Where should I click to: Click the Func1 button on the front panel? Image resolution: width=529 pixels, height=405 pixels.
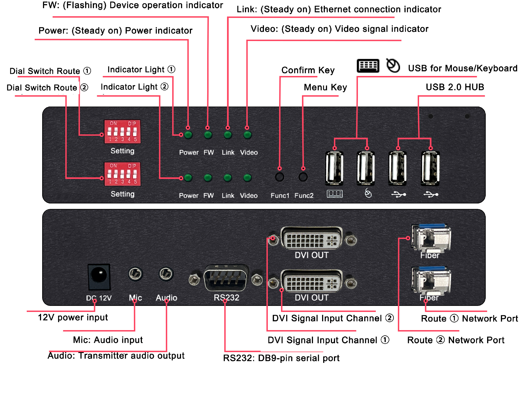tap(279, 177)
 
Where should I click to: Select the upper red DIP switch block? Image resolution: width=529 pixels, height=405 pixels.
tap(122, 132)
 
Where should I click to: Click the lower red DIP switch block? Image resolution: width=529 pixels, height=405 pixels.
tap(122, 174)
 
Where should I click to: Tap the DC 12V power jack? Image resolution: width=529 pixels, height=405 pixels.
tap(99, 277)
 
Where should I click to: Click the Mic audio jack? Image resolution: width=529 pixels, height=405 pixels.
tap(135, 274)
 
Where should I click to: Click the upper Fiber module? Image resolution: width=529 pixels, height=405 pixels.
tap(431, 238)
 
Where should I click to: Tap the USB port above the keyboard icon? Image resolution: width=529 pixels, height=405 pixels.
tap(334, 168)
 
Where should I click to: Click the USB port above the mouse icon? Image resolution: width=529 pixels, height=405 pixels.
tap(366, 168)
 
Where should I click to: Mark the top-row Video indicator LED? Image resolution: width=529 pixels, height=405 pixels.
tap(247, 135)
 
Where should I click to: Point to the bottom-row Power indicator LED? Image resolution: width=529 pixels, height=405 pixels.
tap(188, 178)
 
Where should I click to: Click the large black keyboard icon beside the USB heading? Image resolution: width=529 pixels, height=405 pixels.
tap(368, 66)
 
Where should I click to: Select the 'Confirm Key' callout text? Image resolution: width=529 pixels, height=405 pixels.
tap(308, 70)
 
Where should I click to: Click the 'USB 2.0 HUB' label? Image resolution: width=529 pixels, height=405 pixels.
tap(455, 87)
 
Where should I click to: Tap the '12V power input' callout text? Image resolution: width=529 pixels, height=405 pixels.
tap(73, 317)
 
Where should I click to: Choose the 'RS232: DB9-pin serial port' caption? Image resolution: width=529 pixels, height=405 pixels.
tap(281, 358)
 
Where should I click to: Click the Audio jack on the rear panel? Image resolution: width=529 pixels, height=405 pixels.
tap(166, 274)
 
